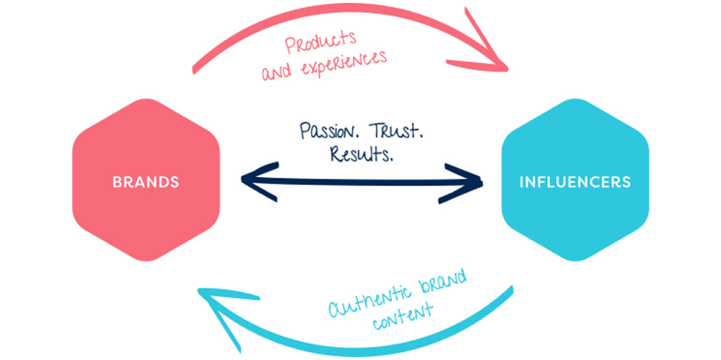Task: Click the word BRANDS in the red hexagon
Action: pos(146,182)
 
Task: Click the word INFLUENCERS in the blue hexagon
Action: pos(574,182)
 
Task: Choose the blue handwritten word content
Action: pos(402,316)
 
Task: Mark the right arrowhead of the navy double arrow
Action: pos(470,180)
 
